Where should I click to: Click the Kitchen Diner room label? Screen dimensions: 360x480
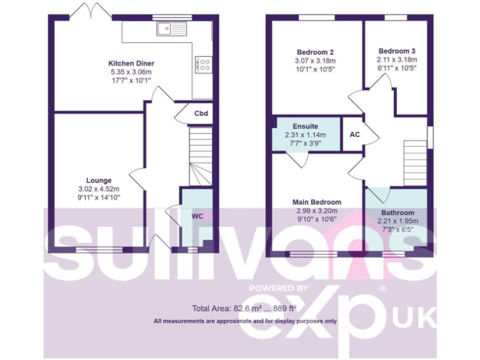tap(131, 63)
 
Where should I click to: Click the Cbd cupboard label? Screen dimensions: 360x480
tap(201, 114)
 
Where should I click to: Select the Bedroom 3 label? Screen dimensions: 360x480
tap(397, 51)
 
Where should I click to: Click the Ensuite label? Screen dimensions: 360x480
tap(306, 126)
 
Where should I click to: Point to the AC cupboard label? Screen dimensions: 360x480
tap(355, 134)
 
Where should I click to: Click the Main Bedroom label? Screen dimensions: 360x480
tap(317, 202)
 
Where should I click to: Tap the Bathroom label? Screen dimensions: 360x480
tap(397, 212)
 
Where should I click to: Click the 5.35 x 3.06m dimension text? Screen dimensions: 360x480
tap(131, 72)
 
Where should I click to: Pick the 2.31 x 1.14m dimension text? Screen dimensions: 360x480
tap(306, 134)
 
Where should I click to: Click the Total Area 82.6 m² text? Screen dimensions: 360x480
tap(244, 308)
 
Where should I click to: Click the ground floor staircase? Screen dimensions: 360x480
tap(201, 156)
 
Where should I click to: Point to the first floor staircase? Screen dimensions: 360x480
tap(414, 161)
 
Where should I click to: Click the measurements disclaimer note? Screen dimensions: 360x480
tap(245, 321)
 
